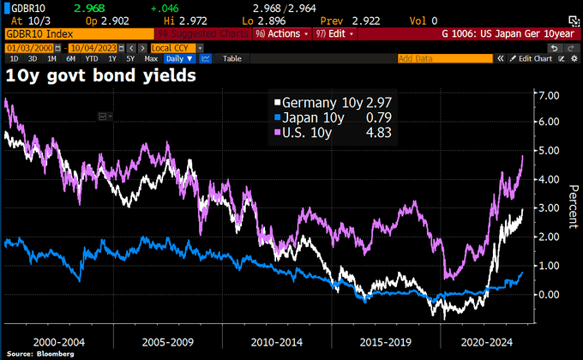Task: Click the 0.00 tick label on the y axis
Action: (x=547, y=294)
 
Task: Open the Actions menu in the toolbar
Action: (x=279, y=34)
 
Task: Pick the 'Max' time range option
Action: (x=152, y=58)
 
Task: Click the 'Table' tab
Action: (x=232, y=58)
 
